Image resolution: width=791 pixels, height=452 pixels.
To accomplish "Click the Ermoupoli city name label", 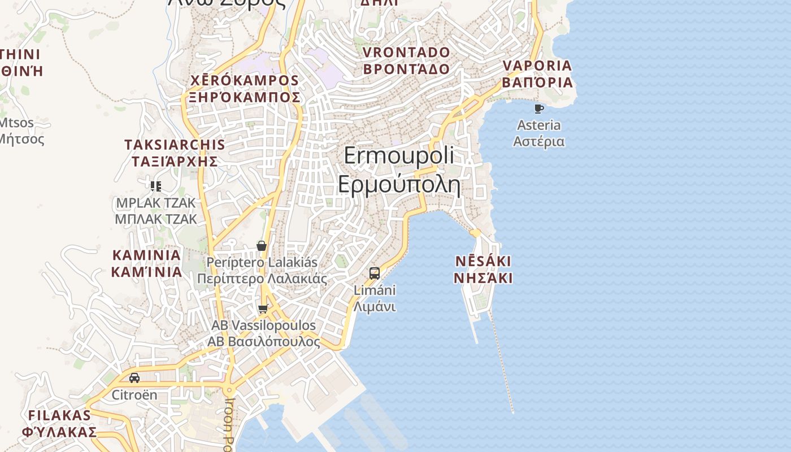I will coord(399,169).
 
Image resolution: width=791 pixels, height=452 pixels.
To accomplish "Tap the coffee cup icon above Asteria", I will coord(538,108).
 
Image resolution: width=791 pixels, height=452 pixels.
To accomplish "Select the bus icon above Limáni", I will coord(374,273).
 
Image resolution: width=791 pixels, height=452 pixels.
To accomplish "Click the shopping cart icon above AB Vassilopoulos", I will coord(263,309).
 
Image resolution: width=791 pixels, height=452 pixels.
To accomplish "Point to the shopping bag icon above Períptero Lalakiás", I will coord(262,246).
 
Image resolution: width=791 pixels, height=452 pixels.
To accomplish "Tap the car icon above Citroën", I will coord(134,377).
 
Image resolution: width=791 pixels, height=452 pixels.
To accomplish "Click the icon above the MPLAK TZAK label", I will coord(156,186).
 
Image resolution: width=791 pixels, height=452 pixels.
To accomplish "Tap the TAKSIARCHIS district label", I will coord(175,153).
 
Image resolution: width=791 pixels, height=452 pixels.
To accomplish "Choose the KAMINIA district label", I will coord(146,263).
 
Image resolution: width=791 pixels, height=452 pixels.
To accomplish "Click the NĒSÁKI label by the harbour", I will coord(483,270).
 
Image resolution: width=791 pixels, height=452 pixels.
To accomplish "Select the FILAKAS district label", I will coord(59,424).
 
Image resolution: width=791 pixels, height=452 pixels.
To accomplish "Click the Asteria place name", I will coord(538,133).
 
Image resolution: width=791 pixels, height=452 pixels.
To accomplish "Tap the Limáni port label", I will coord(375,298).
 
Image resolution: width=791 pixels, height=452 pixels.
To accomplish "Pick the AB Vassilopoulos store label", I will coord(263,334).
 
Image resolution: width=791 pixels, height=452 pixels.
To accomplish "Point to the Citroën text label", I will coord(134,395).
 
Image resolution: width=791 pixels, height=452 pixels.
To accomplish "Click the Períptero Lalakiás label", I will coord(262,271).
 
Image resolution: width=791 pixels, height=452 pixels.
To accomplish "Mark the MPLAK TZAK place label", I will coord(155,211).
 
